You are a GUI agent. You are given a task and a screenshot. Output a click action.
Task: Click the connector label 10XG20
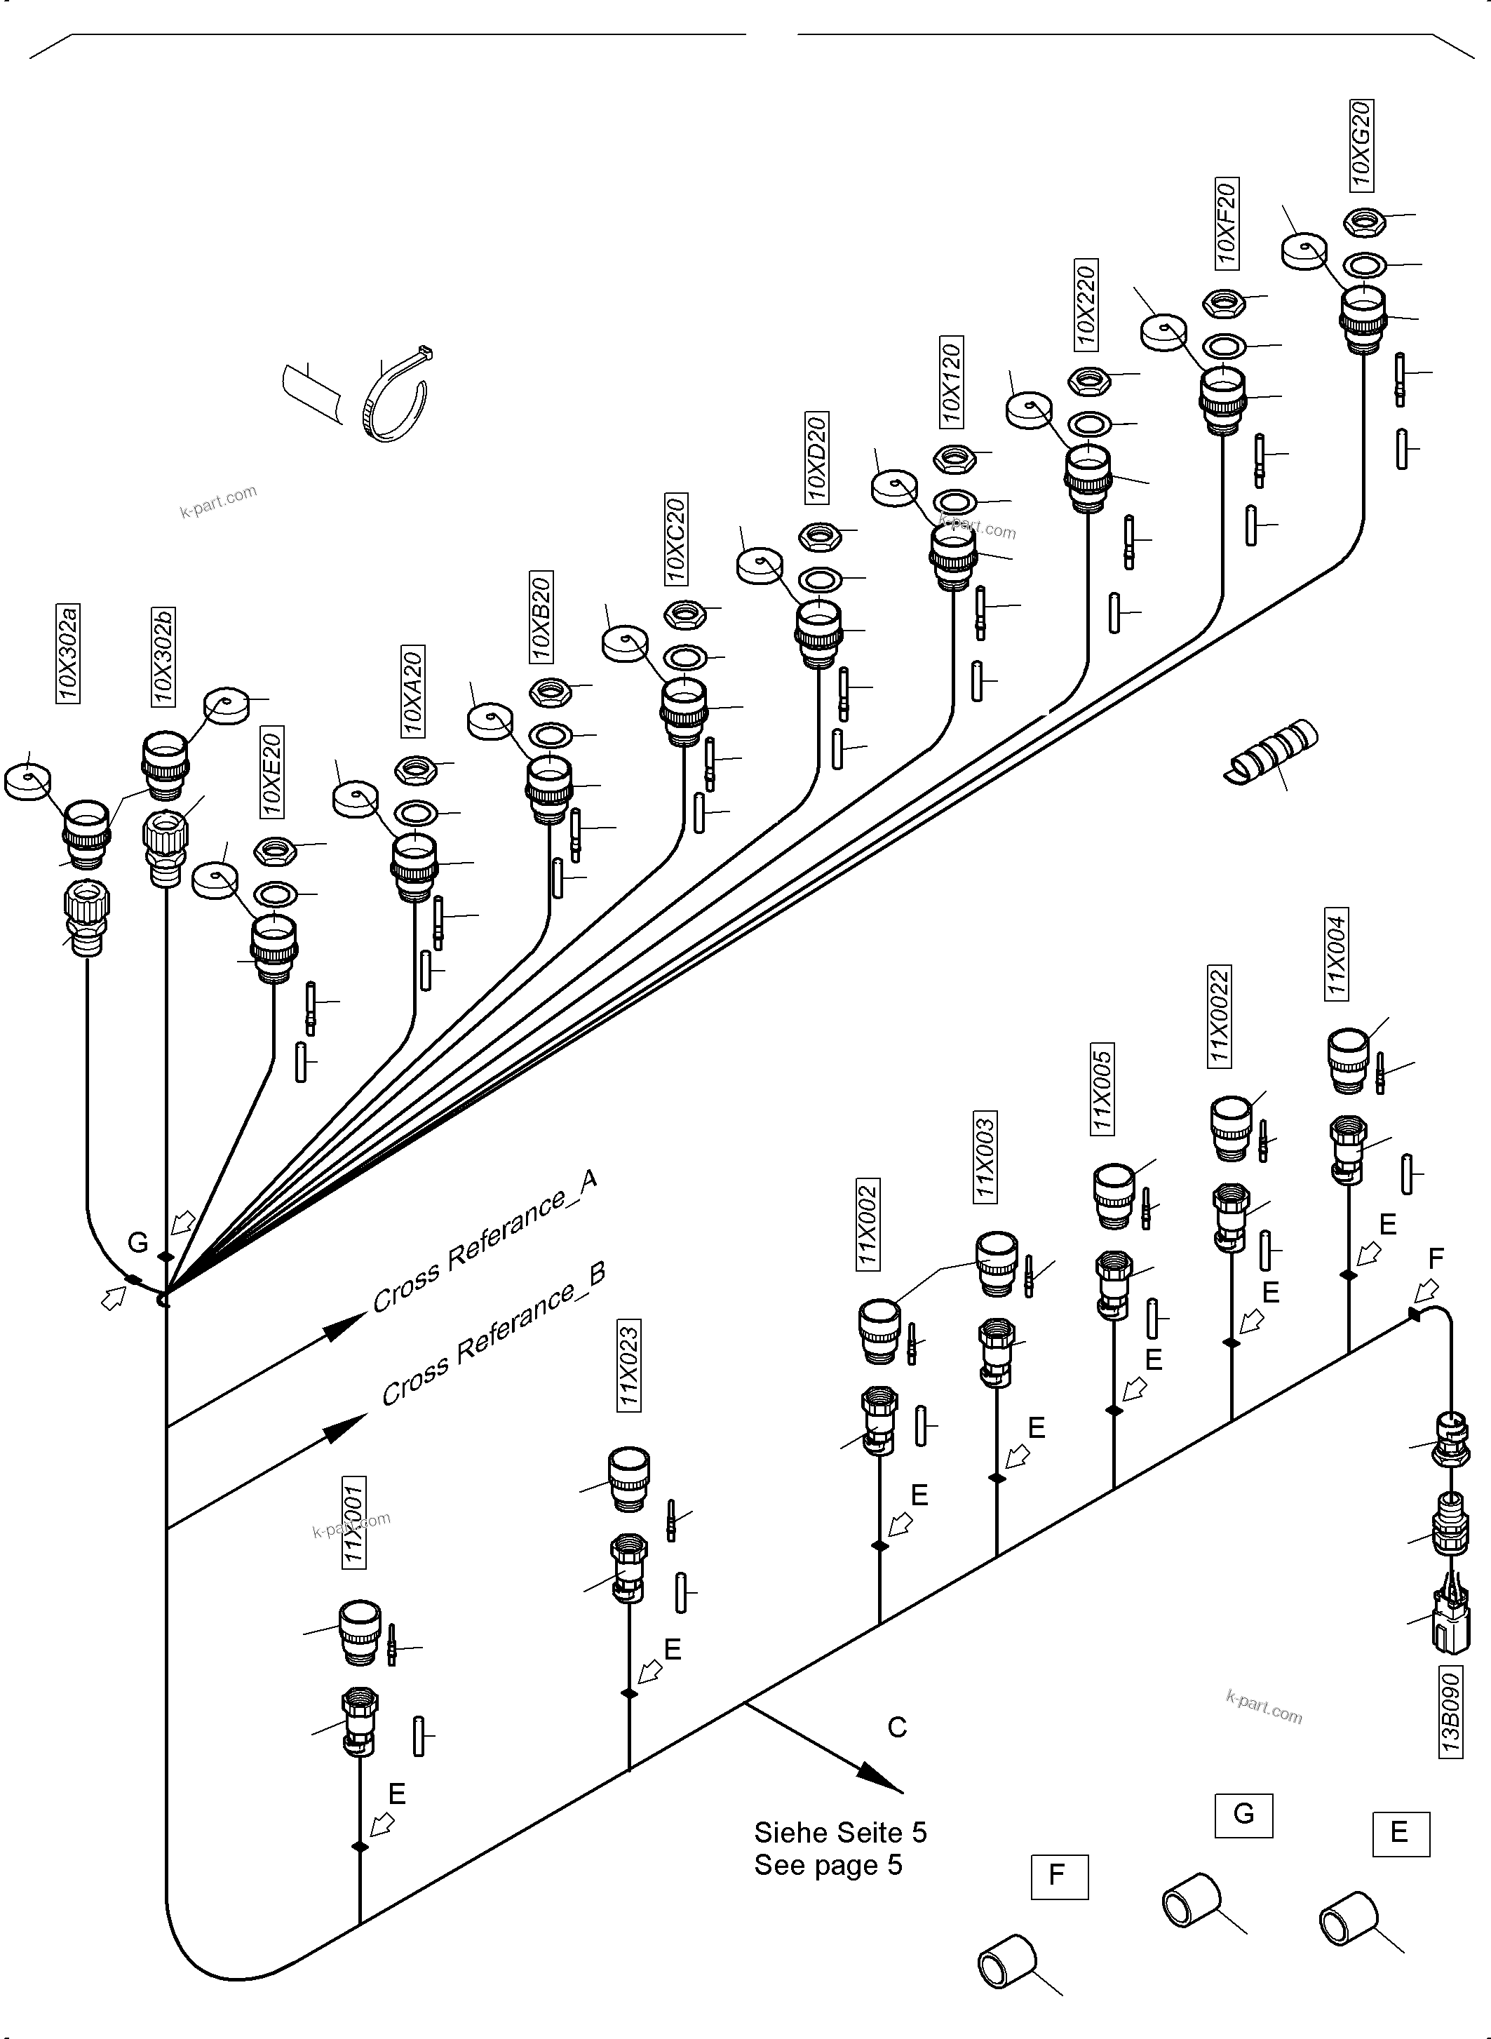click(1361, 144)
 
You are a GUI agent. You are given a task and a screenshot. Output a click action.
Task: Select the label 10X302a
click(68, 654)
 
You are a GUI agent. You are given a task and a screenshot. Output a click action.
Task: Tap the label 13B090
click(1450, 1713)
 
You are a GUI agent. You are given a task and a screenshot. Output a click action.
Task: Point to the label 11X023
click(629, 1365)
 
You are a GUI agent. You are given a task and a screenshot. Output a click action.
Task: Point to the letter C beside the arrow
click(896, 1727)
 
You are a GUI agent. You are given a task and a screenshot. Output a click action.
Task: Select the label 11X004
click(1337, 953)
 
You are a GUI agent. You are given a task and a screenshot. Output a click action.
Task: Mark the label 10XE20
click(271, 771)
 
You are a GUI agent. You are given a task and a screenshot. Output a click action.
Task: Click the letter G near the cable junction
click(138, 1243)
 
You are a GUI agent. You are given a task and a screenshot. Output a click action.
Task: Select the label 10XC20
click(676, 538)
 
